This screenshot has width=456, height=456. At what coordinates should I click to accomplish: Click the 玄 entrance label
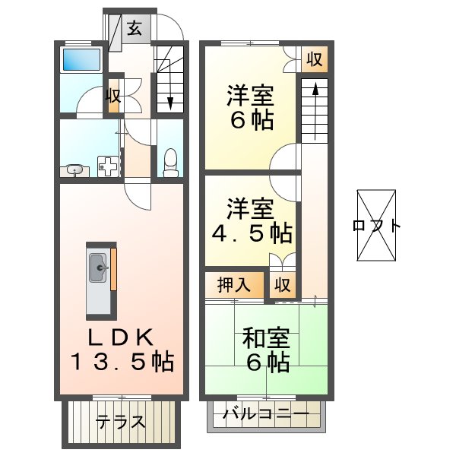pyautogui.click(x=134, y=29)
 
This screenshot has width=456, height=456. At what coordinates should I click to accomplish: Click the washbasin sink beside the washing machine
pyautogui.click(x=75, y=169)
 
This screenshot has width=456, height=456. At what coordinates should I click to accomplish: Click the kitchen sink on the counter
pyautogui.click(x=99, y=268)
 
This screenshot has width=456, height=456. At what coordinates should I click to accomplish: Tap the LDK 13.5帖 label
pyautogui.click(x=122, y=348)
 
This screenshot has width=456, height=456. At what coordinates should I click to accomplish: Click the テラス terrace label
pyautogui.click(x=121, y=421)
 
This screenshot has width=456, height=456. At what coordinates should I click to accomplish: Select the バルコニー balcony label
pyautogui.click(x=266, y=414)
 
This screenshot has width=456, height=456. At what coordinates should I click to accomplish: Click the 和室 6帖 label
pyautogui.click(x=265, y=348)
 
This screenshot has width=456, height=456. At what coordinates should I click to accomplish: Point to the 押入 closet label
pyautogui.click(x=234, y=286)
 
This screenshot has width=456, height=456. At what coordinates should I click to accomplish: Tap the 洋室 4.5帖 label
pyautogui.click(x=250, y=220)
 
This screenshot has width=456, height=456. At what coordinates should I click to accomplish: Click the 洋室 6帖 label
pyautogui.click(x=249, y=109)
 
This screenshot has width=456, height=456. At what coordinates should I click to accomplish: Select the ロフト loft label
pyautogui.click(x=378, y=226)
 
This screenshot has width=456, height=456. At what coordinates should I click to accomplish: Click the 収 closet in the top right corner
pyautogui.click(x=313, y=59)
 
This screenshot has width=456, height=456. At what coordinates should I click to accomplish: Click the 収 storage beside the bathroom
pyautogui.click(x=113, y=96)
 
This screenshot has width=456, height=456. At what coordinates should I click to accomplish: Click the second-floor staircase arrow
pyautogui.click(x=312, y=106)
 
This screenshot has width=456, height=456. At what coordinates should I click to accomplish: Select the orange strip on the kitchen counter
pyautogui.click(x=112, y=269)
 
